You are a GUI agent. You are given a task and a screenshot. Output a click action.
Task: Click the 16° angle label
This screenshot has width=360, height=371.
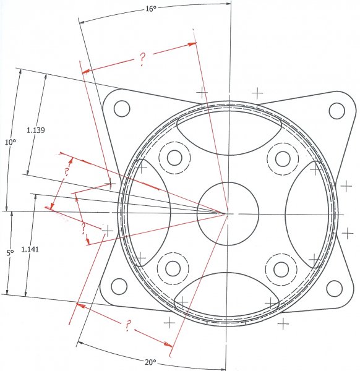coord(150,9)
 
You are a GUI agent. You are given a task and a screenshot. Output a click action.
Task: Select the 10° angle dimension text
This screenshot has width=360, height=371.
coord(10,142)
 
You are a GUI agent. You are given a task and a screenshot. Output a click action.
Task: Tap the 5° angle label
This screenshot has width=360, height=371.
coord(9,253)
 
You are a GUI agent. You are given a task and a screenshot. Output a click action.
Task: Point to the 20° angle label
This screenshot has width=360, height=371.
coord(151,362)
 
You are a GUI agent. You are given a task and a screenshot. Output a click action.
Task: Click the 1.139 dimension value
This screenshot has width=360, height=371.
coord(36,130)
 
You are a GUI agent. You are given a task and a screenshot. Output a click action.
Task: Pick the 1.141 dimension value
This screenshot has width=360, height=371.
coord(30,249)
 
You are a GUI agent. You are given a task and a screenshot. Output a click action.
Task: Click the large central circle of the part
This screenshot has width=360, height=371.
coord(227,212)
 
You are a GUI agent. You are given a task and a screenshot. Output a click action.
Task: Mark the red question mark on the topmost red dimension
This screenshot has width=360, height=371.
coord(142,59)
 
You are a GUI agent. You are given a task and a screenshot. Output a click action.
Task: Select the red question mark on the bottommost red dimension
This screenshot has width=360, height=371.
coord(127,324)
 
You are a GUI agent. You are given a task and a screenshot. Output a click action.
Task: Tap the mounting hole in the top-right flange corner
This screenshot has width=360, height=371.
coord(336,111)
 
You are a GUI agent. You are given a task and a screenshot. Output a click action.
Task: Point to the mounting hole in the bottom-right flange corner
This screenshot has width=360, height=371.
coord(334,288)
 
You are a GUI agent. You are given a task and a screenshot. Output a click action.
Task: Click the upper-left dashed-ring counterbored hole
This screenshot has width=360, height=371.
coord(172,158)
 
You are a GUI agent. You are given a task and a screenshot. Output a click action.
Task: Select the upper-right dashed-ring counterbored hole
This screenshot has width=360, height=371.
coord(282,158)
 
